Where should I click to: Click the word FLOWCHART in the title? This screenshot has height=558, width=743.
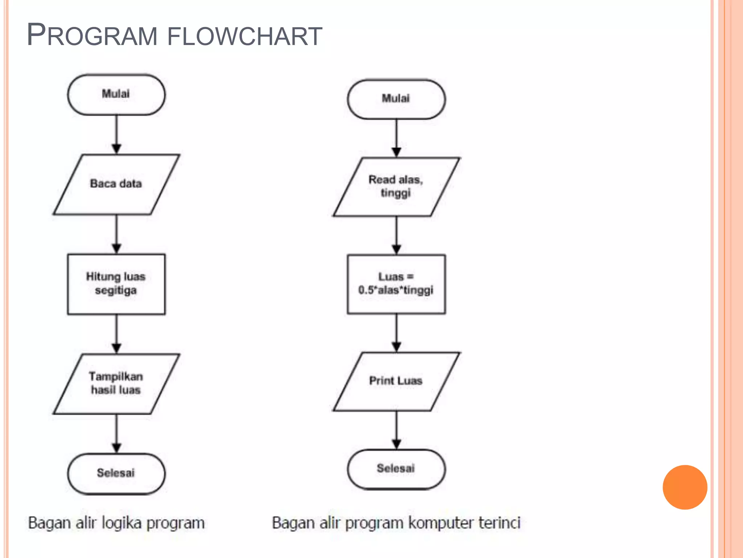(245, 36)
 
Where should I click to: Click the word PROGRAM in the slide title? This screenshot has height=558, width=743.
(92, 35)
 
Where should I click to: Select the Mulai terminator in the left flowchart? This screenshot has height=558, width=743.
(116, 94)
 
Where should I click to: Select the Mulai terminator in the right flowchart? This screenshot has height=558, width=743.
(396, 99)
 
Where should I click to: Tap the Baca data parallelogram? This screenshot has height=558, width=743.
(116, 184)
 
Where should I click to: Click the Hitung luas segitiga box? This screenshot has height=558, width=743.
(116, 284)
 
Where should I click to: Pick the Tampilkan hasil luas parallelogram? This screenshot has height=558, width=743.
(116, 384)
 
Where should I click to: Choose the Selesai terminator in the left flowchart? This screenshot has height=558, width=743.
(116, 473)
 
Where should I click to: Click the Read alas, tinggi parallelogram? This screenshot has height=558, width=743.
(396, 187)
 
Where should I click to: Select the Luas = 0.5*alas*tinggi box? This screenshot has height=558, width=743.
(396, 284)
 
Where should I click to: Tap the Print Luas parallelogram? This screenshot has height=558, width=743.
(396, 381)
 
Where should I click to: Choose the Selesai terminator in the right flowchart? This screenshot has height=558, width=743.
(396, 469)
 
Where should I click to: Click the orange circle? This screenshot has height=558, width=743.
(685, 487)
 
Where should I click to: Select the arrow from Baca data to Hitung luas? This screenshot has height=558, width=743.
(116, 233)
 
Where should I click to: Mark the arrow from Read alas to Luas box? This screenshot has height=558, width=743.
(397, 235)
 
